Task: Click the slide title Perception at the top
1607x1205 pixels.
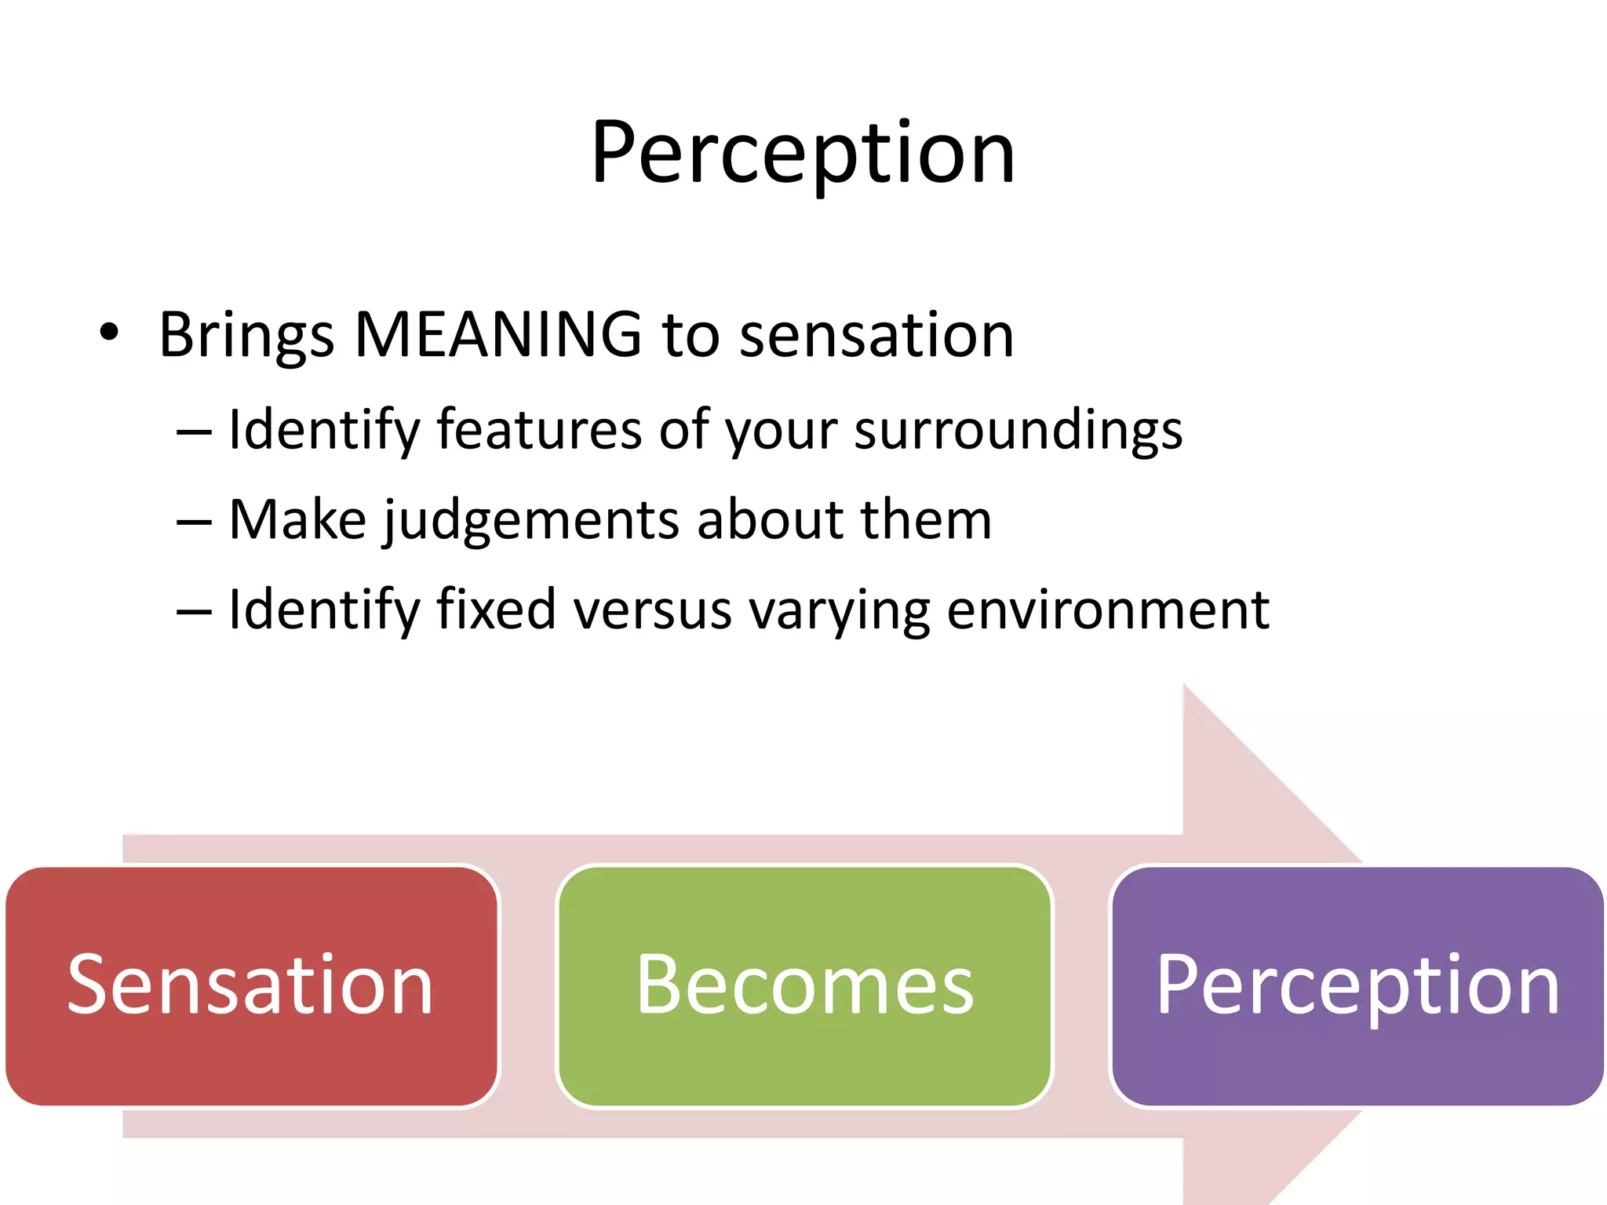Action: [x=803, y=153]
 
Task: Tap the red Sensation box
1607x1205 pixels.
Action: [x=251, y=985]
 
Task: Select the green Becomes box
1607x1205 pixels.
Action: [x=803, y=985]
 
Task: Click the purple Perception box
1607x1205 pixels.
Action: [x=1357, y=985]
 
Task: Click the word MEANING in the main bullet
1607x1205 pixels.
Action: [x=498, y=335]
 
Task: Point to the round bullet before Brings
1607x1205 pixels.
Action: [x=109, y=333]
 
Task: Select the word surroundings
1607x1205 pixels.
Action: [x=1018, y=431]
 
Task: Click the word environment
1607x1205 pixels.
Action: [x=1107, y=610]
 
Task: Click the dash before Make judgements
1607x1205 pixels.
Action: [x=194, y=522]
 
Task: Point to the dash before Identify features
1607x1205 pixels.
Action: [x=194, y=432]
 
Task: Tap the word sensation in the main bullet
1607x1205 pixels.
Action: [x=876, y=336]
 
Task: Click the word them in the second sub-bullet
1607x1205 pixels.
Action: [x=925, y=520]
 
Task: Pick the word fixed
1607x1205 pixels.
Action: [x=496, y=610]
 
